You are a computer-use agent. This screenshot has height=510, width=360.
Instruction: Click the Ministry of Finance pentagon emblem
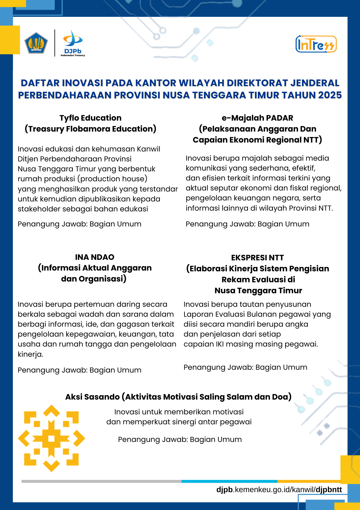pos(36,43)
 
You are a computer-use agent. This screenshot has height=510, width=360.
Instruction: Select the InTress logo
pos(316,44)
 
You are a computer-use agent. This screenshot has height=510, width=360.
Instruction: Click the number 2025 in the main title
pos(330,95)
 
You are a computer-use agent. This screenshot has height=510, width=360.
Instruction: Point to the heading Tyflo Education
pos(90,118)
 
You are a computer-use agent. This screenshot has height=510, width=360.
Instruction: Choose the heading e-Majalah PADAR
pos(257,118)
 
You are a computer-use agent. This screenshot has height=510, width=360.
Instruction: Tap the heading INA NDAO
pos(94,257)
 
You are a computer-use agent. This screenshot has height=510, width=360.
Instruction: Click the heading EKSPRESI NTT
pos(257,258)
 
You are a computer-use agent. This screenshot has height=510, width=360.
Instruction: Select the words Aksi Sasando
pos(92,397)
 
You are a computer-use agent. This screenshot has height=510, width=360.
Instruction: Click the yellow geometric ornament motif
pos(51,438)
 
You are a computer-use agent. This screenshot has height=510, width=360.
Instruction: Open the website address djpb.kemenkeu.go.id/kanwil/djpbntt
pos(279,490)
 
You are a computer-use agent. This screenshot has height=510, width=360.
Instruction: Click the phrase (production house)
pos(114,179)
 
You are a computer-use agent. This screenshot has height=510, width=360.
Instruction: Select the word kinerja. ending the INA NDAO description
pos(30,354)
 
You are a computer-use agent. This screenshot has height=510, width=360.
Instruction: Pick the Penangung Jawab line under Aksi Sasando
pos(180,439)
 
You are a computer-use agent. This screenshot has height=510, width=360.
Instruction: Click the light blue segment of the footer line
pos(229,481)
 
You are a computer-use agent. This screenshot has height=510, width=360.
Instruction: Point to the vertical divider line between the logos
pos(55,43)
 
